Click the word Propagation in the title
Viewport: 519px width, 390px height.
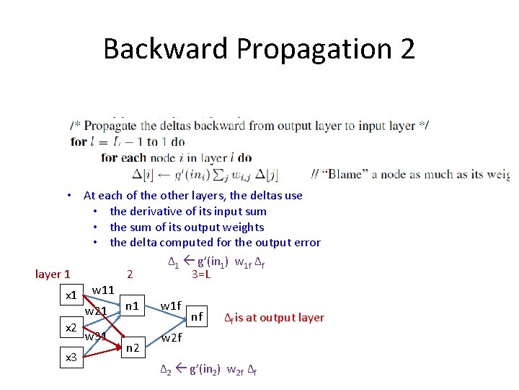(x=313, y=49)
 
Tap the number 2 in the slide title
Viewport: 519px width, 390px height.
(x=407, y=49)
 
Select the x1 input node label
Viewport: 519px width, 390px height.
(x=71, y=295)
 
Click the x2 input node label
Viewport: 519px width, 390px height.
(x=71, y=328)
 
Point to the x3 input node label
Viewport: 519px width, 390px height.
(x=71, y=357)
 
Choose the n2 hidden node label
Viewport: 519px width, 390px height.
(x=132, y=348)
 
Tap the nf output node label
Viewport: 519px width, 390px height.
(x=197, y=316)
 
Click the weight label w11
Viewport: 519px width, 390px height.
(x=104, y=290)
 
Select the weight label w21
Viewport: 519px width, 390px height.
(x=96, y=311)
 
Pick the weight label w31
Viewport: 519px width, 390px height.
(x=96, y=336)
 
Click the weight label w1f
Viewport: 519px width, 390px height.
(x=171, y=305)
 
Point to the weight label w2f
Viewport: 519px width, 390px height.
(x=171, y=337)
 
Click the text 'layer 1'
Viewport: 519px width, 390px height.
(x=53, y=274)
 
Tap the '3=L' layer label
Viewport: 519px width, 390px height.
(x=201, y=274)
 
